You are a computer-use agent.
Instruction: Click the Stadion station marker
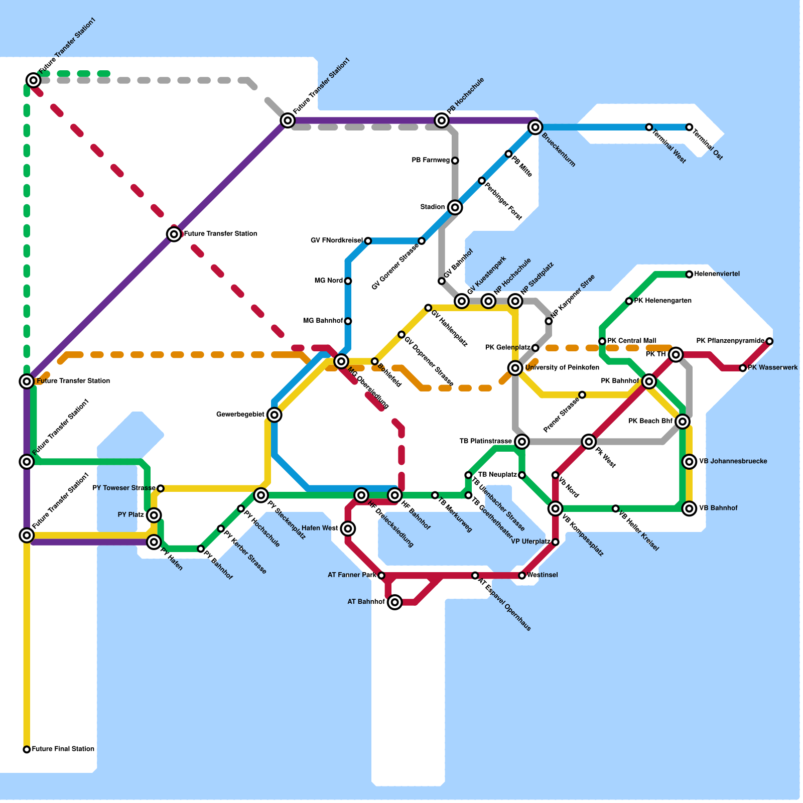455,207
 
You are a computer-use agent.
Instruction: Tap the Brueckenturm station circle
536,127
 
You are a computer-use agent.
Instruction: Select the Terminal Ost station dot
689,127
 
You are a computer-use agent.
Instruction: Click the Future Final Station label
63,749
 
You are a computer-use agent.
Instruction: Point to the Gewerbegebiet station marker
274,415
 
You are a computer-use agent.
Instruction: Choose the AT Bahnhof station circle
395,602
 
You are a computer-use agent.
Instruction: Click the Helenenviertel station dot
689,275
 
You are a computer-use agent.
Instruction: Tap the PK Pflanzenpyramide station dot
769,341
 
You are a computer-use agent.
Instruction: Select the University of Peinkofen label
562,368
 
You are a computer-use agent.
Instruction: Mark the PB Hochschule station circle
442,120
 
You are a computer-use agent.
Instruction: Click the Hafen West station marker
348,528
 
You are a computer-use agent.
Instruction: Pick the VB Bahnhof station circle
689,508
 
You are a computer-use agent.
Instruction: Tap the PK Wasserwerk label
773,368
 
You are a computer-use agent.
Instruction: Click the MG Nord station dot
348,281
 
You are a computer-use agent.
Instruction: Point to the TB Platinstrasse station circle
522,442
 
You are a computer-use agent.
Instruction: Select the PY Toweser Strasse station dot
161,488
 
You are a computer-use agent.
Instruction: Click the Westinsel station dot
522,576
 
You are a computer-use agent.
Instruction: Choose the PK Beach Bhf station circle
682,422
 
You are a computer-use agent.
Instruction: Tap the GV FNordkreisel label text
336,241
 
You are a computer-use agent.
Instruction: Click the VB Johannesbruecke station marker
689,462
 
